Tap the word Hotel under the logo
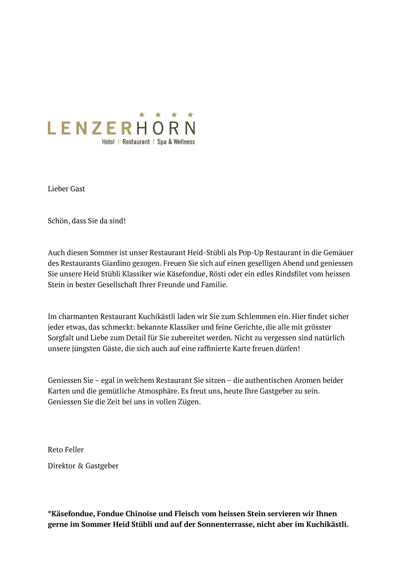(x=108, y=142)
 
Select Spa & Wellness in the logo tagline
(x=176, y=142)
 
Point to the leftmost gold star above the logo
(x=142, y=115)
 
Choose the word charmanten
(x=78, y=317)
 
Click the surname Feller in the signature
(x=75, y=450)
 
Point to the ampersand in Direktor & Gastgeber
(x=81, y=466)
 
